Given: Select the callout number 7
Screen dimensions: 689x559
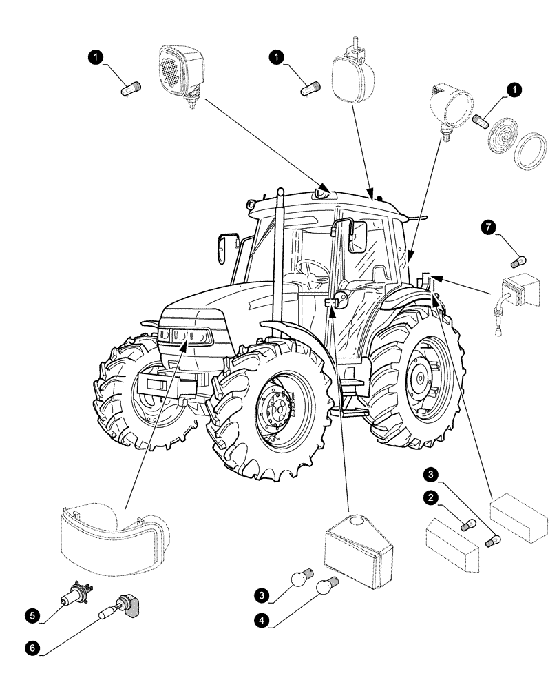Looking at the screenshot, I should (489, 228).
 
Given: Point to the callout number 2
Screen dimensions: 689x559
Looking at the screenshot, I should (430, 497).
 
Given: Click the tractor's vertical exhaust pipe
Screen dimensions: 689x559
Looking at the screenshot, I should (279, 262).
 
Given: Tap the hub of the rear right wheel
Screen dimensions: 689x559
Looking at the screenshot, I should (416, 377).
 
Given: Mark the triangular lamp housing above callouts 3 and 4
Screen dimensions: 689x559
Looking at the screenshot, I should (355, 548).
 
